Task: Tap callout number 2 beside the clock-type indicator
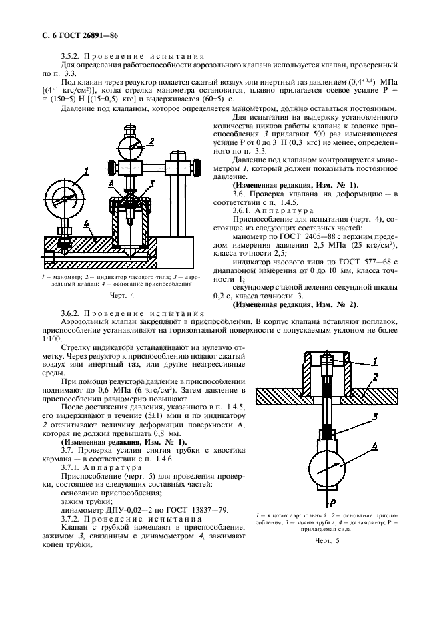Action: (151, 141)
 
